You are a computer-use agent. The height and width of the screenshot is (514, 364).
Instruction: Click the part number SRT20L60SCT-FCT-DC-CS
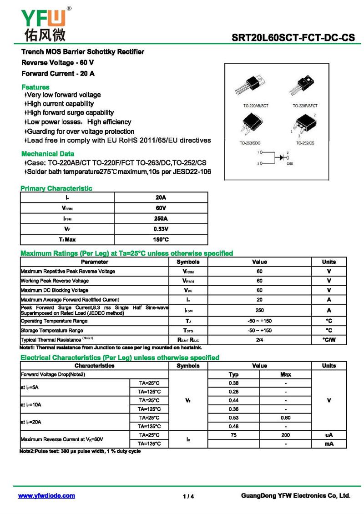(293, 38)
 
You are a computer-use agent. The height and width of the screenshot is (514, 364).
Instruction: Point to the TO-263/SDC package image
(250, 125)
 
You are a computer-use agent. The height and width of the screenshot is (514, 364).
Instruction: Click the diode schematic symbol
(281, 157)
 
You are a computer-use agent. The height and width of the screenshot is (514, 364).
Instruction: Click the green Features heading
(35, 87)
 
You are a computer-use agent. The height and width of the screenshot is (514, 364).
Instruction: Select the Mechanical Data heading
(48, 154)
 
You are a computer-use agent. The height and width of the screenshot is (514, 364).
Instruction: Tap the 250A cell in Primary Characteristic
(161, 218)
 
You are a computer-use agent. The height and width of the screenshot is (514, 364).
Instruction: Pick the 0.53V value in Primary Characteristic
(161, 229)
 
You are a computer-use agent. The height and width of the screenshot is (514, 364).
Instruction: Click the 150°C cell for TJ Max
(161, 239)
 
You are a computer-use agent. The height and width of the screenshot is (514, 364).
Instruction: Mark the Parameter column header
(95, 262)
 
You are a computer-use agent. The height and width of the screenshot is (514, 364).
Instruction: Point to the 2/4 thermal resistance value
(259, 340)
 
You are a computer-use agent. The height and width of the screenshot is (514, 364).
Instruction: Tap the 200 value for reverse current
(285, 435)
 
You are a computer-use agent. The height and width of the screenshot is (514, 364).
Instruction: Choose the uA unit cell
(329, 435)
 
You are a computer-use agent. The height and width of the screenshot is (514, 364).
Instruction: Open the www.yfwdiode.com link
(46, 496)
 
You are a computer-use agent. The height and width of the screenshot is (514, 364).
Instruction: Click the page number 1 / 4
(188, 496)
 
